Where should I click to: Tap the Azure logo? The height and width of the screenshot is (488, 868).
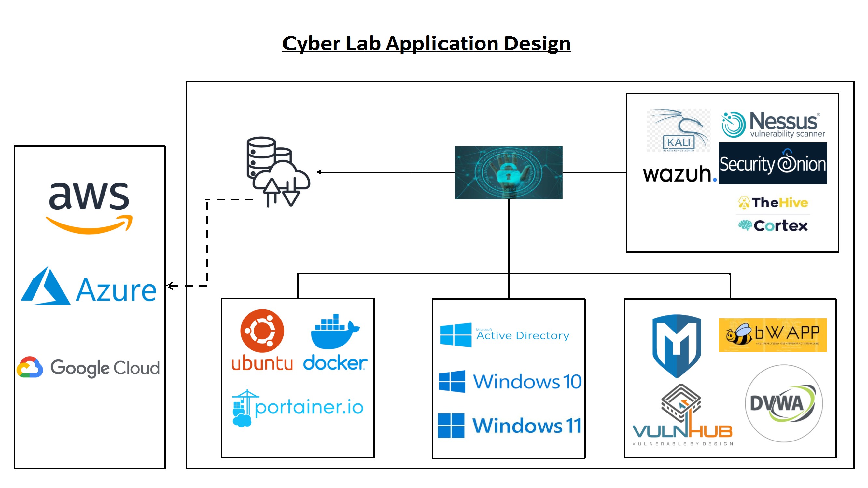coord(89,287)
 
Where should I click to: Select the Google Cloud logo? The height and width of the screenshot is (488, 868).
coord(88,367)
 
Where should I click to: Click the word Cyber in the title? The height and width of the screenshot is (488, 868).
coord(311,44)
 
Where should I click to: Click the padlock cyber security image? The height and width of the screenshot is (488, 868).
coord(508,172)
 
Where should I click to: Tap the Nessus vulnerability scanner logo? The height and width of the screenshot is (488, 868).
coord(773,125)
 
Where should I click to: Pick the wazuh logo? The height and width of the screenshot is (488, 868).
coord(679,174)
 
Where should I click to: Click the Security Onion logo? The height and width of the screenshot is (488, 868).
coord(773,163)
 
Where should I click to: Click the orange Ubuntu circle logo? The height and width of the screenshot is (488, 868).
coord(262,331)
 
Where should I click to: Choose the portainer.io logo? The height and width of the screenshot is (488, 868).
coord(298,408)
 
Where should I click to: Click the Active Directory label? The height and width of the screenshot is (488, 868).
coord(522,335)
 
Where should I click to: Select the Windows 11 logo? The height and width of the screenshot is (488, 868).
coord(509,425)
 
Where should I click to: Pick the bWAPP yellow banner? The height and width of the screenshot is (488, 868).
coord(773,335)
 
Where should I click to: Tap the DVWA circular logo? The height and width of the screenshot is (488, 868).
coord(783,403)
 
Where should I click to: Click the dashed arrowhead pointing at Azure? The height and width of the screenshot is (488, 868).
coord(170,286)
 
